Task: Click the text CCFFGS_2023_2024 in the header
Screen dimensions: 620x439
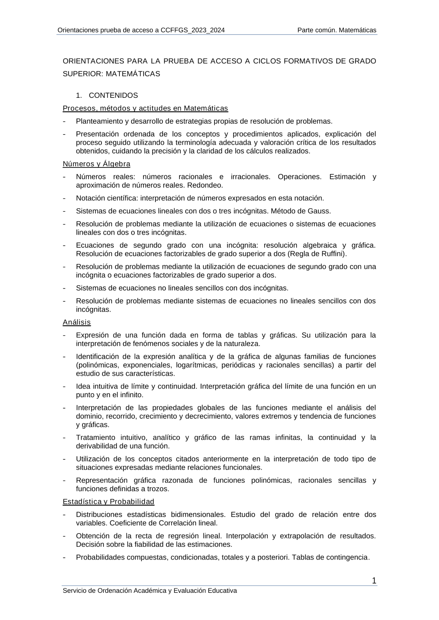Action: (x=192, y=30)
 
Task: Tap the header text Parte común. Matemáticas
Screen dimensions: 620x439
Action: (x=337, y=30)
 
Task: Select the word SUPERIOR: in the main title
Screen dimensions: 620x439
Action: (x=83, y=74)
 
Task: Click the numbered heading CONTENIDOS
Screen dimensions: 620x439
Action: (x=113, y=95)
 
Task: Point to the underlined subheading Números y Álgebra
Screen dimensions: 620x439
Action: (x=97, y=164)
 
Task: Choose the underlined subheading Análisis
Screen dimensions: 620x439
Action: (x=77, y=322)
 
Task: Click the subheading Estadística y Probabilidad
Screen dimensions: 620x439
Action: (x=108, y=502)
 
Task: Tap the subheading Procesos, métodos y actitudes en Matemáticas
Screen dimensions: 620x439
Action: (x=145, y=108)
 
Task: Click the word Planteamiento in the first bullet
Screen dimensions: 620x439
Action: (x=99, y=121)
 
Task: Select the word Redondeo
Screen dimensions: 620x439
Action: (x=205, y=185)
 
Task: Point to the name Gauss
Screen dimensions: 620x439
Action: (x=319, y=211)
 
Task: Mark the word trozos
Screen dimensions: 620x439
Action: (x=158, y=488)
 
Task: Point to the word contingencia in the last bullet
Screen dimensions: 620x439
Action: (x=347, y=557)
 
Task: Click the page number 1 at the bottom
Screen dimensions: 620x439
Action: (x=374, y=581)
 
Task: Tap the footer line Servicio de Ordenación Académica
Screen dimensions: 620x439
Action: (x=150, y=591)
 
